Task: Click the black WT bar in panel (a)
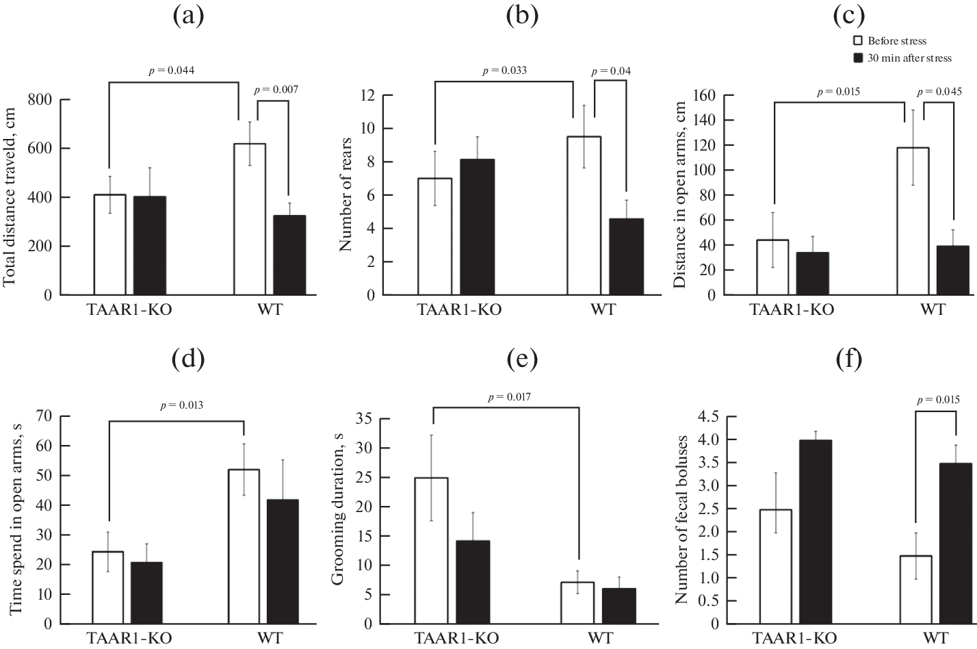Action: tap(289, 255)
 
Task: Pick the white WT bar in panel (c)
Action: tap(913, 221)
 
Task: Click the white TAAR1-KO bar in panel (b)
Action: tap(435, 236)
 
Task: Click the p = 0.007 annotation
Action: tap(276, 90)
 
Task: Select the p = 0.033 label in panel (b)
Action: tap(504, 71)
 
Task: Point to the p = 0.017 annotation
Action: tap(509, 397)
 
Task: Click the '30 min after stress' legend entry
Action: tap(902, 58)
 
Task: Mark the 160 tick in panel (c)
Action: tap(705, 95)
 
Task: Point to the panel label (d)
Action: tap(188, 359)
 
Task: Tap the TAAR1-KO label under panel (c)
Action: tap(792, 309)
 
